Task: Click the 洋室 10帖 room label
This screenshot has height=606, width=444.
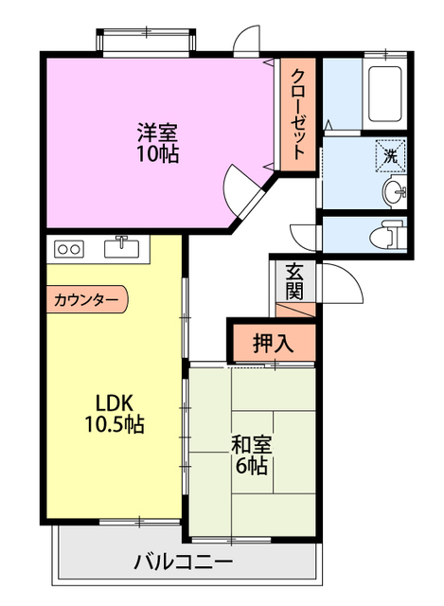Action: click(158, 143)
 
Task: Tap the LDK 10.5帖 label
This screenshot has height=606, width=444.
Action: click(115, 414)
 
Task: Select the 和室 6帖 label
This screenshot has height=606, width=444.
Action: click(252, 454)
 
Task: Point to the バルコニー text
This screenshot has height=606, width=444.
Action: click(184, 562)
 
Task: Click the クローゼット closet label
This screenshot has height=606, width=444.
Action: click(297, 114)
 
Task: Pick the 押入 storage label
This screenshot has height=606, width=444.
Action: click(274, 343)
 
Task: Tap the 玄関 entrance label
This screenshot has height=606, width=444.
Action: click(294, 282)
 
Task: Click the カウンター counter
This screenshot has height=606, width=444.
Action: click(86, 299)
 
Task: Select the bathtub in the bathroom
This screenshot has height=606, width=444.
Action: click(385, 94)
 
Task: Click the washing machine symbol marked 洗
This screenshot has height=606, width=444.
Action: click(390, 156)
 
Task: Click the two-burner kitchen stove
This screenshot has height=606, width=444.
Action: click(69, 249)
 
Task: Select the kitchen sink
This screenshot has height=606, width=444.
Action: click(122, 247)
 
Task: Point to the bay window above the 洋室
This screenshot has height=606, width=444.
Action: click(147, 43)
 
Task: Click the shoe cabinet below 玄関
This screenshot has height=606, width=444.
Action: click(295, 310)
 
